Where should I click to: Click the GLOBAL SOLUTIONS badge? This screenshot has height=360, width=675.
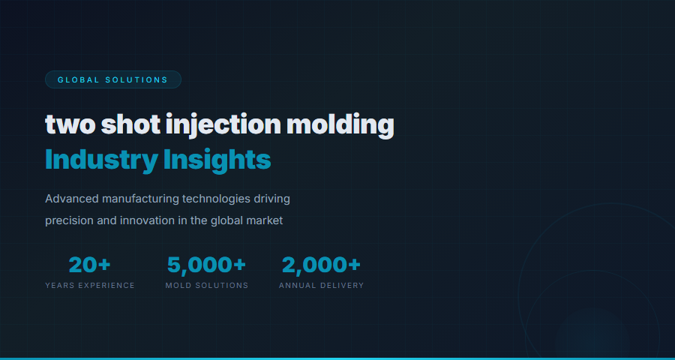click(112, 79)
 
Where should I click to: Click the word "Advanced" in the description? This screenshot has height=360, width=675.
click(71, 199)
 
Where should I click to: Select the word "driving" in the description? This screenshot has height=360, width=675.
click(271, 199)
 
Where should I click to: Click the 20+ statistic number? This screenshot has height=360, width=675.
click(89, 265)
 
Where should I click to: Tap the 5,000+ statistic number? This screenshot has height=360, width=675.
click(206, 265)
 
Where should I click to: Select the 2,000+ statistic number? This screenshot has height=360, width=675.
click(321, 265)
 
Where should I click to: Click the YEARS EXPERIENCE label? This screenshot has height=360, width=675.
click(90, 286)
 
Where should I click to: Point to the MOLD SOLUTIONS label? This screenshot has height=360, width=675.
click(206, 286)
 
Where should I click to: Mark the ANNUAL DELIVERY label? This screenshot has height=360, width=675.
click(321, 286)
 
